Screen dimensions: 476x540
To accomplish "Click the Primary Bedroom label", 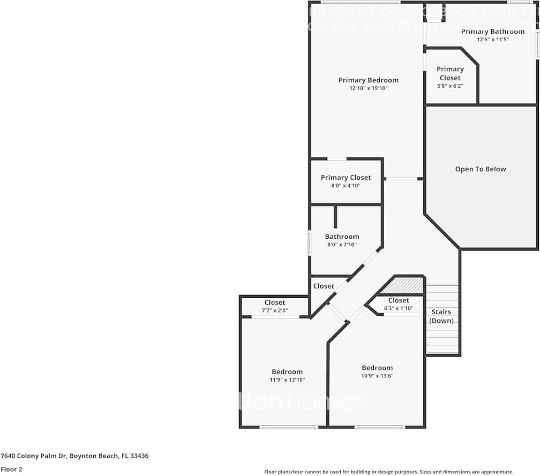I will point(368,80).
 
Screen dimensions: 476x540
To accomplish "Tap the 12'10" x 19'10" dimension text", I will point(368,88).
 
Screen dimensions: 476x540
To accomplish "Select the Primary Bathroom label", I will point(493,32).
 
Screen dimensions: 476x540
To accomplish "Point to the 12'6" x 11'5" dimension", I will point(493,40).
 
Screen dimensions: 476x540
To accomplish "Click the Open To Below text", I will point(481,169).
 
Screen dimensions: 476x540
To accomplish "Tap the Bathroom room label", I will point(342,237).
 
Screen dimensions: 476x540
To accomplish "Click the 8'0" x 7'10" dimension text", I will point(342,245).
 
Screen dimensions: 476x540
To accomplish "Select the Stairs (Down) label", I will point(441,316).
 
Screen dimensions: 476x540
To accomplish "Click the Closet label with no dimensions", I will point(324,286).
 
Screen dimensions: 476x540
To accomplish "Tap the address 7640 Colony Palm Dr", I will point(74,456).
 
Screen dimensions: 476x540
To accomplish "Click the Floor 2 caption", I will point(11,469).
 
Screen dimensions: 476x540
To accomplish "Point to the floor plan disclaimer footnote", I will point(388,472).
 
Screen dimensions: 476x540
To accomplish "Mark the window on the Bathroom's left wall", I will point(309,243).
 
